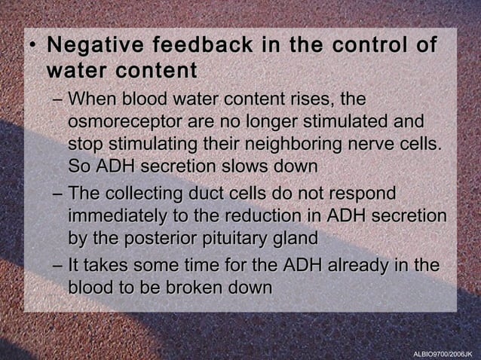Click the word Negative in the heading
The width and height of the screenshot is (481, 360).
pyautogui.click(x=93, y=45)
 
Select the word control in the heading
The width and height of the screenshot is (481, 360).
pyautogui.click(x=363, y=45)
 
